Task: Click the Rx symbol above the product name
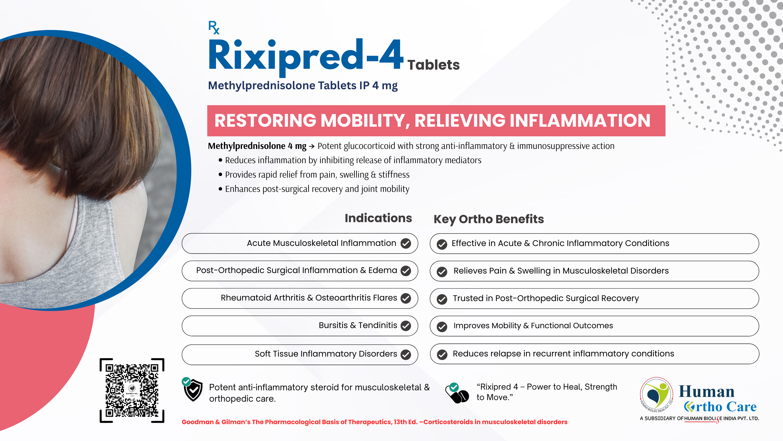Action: click(214, 27)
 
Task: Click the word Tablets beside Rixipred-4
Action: click(433, 65)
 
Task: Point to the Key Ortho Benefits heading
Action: click(489, 219)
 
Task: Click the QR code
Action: click(132, 390)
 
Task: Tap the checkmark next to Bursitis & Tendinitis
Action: click(406, 326)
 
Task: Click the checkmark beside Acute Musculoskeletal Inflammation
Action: click(406, 243)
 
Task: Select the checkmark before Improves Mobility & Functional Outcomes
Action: click(442, 326)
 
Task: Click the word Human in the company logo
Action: click(706, 391)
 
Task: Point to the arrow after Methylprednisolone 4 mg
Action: click(311, 146)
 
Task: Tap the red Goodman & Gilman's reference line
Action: click(375, 422)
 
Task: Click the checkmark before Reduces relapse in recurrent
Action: click(442, 355)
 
